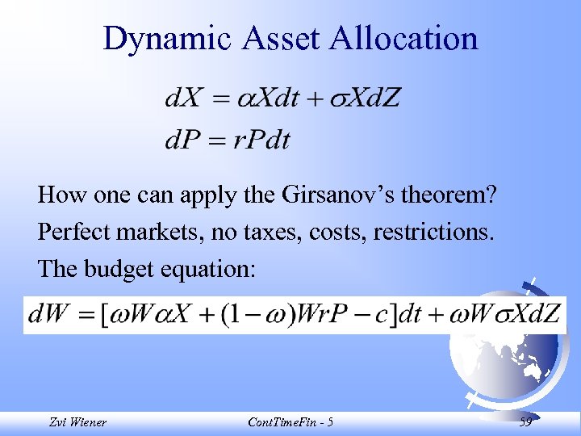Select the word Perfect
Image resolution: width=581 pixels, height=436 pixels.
point(77,233)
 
